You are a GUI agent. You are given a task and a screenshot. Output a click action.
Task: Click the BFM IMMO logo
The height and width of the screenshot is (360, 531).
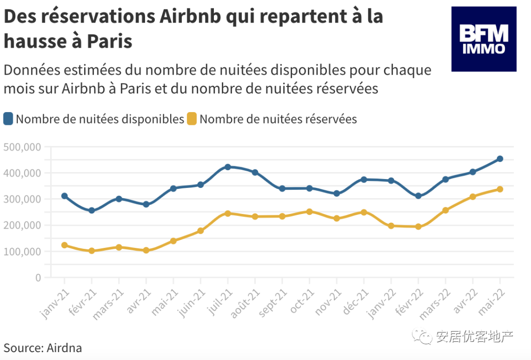click(484, 39)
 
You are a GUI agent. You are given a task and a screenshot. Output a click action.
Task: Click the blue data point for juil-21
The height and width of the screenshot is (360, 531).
click(228, 167)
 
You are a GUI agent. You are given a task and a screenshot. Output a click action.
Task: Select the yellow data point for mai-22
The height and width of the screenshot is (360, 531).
click(500, 189)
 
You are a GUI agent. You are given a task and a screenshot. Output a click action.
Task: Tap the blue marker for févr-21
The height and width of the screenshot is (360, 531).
click(91, 210)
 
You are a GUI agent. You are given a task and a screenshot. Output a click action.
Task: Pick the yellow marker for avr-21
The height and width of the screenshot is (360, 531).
click(146, 250)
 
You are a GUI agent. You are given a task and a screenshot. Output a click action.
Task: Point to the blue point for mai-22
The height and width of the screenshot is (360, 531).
click(500, 159)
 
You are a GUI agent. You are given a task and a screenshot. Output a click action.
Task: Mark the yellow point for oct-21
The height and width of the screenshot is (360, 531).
click(309, 211)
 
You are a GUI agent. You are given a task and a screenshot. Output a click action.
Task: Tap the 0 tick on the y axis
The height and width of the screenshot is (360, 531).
click(38, 277)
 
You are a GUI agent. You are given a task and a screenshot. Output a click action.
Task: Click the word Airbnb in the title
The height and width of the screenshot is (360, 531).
click(192, 16)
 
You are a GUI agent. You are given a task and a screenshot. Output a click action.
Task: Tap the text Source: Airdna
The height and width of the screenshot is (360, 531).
click(43, 348)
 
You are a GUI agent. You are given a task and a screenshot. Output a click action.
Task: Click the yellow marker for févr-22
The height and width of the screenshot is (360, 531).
click(418, 227)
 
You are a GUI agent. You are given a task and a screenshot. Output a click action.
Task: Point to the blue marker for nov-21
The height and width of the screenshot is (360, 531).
click(337, 193)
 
